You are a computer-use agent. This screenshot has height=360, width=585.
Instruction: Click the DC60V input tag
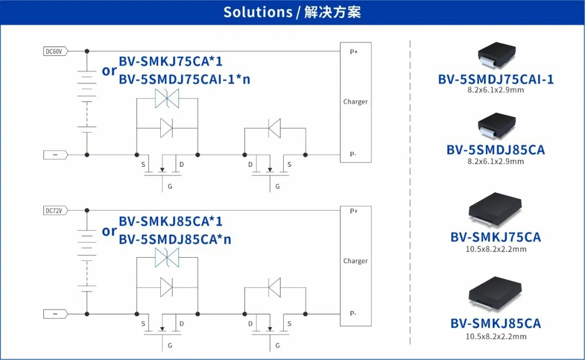(x=55, y=51)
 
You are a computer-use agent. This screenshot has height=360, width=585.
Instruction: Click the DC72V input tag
(x=55, y=210)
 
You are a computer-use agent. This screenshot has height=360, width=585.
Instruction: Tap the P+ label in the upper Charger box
(x=354, y=51)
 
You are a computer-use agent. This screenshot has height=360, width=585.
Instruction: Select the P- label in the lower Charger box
(x=353, y=313)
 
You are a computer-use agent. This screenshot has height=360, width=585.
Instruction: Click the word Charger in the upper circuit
(x=355, y=102)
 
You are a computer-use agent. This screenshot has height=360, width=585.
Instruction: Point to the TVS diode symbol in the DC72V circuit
(x=167, y=257)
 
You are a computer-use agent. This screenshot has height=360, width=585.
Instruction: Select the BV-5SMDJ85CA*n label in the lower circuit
(x=175, y=239)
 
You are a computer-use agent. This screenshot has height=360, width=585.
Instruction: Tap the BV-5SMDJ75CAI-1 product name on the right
(x=496, y=80)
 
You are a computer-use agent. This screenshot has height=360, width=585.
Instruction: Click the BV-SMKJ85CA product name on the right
(x=496, y=324)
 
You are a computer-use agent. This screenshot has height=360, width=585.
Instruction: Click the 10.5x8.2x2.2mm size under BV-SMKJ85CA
(x=496, y=337)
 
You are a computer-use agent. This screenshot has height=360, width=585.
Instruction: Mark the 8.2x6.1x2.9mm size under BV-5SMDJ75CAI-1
(x=496, y=90)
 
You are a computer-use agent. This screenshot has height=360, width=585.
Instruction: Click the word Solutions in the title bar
(x=258, y=12)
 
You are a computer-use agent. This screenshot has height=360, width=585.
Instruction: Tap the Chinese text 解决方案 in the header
(x=332, y=12)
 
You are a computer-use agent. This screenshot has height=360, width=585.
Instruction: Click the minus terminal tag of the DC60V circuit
(x=55, y=155)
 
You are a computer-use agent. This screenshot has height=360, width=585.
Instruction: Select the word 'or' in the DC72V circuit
(x=109, y=231)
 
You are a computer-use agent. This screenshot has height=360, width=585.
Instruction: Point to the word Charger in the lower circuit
(x=355, y=261)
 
